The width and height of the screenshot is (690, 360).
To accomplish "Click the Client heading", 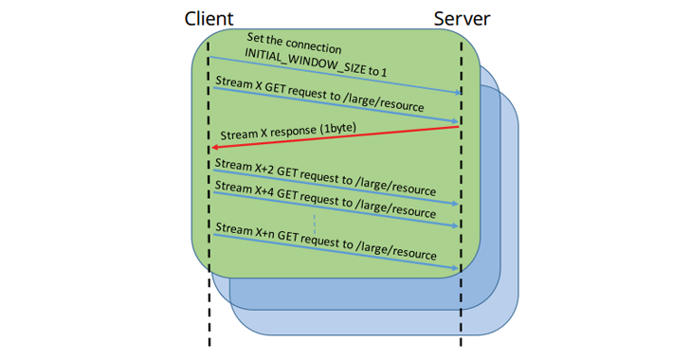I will coord(210,19).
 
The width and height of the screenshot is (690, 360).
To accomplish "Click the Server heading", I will coord(463,19).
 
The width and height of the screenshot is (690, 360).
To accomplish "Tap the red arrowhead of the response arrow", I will coord(215,148).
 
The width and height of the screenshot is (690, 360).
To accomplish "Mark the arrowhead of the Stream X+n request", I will coord(456,269).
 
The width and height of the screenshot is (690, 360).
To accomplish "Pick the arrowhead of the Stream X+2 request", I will coord(456,204).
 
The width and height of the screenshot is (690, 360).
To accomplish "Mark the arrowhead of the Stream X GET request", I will coord(456,123).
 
